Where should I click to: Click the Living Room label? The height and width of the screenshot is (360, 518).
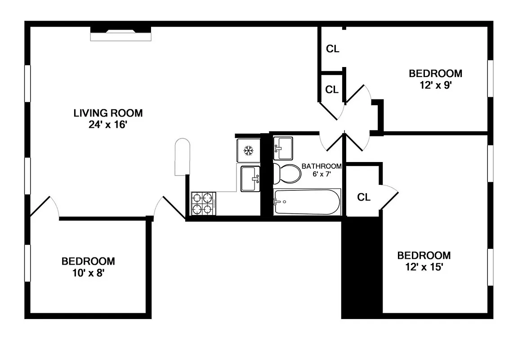[108, 113]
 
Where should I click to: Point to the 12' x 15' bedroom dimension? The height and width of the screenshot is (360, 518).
[424, 267]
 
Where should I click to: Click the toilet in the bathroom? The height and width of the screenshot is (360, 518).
[287, 174]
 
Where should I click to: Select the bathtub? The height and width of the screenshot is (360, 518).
[307, 202]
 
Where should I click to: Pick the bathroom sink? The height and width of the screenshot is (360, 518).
[283, 148]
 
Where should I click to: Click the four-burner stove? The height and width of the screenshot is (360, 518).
[203, 203]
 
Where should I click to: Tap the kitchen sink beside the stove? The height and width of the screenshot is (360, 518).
[250, 179]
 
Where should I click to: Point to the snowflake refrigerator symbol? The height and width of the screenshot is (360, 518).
[248, 151]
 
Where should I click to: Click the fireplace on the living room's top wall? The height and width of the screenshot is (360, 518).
[121, 34]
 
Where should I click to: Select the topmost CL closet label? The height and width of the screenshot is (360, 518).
[333, 49]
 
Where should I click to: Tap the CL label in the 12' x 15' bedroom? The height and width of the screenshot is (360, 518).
[364, 198]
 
